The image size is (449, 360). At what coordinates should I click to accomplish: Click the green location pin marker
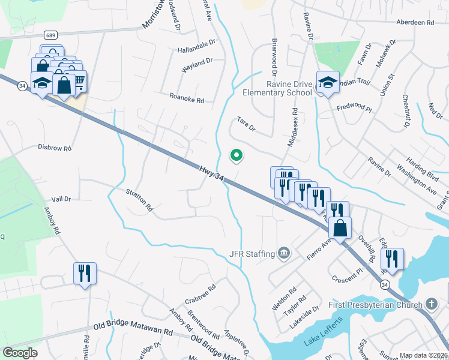pos(237,155)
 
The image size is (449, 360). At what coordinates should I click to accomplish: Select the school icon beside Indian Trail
pos(328,85)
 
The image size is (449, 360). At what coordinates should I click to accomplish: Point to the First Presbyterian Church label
pos(376,305)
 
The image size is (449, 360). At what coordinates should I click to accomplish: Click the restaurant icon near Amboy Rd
pos(83,274)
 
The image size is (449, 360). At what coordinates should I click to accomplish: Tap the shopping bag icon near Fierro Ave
pos(340,229)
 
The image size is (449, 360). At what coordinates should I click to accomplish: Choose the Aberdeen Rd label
pos(415,22)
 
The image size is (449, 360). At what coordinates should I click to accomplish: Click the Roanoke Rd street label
pos(187,98)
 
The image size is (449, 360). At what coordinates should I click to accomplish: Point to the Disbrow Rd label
pos(54,147)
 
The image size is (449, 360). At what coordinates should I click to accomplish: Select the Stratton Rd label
pos(139,201)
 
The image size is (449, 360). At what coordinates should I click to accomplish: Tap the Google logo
pos(20,352)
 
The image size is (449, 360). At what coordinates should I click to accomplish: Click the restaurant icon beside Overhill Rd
pos(391,258)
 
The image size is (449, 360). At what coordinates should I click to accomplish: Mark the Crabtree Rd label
pos(200,290)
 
